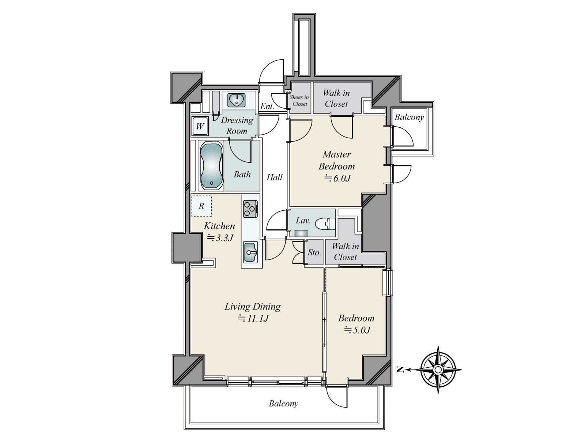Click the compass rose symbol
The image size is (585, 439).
(438, 370)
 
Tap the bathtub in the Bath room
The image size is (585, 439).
(211, 165)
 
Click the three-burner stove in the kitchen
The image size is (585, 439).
(250, 209)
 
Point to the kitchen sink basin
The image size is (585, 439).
(250, 252)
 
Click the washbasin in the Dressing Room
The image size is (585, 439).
(237, 100)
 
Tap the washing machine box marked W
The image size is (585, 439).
(200, 126)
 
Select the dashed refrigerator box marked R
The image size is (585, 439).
(201, 206)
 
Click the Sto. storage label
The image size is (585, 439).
(314, 252)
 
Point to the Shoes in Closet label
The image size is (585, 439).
(299, 101)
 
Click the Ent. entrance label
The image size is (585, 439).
(267, 106)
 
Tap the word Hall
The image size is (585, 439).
(275, 177)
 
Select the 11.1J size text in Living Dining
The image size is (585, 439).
(253, 318)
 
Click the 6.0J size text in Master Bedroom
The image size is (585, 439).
(337, 178)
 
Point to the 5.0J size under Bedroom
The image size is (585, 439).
(357, 330)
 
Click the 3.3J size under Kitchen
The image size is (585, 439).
(220, 237)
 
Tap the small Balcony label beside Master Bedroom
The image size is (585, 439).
(409, 117)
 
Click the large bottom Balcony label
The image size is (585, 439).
(283, 404)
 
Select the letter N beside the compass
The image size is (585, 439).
(400, 370)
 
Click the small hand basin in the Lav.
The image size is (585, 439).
(301, 233)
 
